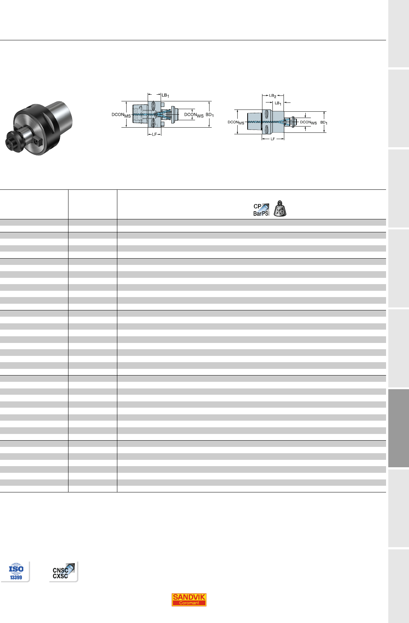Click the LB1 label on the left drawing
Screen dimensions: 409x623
(165, 95)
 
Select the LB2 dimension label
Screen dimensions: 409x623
(273, 96)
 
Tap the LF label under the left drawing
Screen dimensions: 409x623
(154, 134)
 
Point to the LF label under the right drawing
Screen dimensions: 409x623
(273, 139)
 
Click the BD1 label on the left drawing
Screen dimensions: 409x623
(210, 115)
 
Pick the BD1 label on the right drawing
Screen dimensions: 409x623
(324, 122)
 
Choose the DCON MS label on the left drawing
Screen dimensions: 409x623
(121, 115)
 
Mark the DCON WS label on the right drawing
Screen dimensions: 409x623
(308, 122)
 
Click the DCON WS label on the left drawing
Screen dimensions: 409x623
(194, 115)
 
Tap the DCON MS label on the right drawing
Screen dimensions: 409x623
(236, 122)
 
